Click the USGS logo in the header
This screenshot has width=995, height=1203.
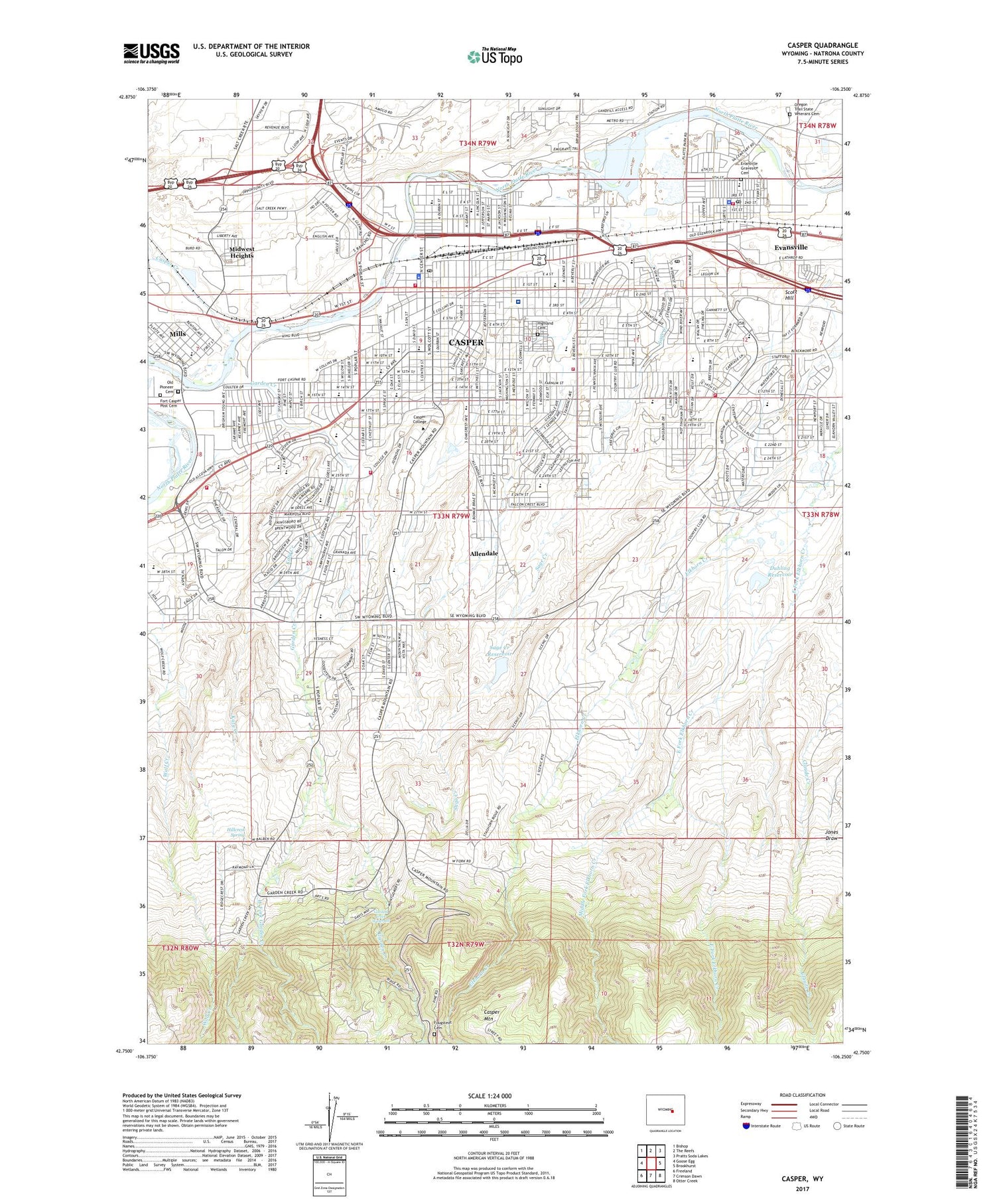click(151, 52)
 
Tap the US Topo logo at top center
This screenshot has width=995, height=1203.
click(494, 57)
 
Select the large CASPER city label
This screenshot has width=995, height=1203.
click(466, 342)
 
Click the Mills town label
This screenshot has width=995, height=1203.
click(177, 334)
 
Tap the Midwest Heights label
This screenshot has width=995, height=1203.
click(241, 252)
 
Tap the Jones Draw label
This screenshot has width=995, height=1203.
click(831, 835)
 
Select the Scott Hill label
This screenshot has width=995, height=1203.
click(790, 295)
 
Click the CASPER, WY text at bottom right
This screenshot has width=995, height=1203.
click(801, 1178)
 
